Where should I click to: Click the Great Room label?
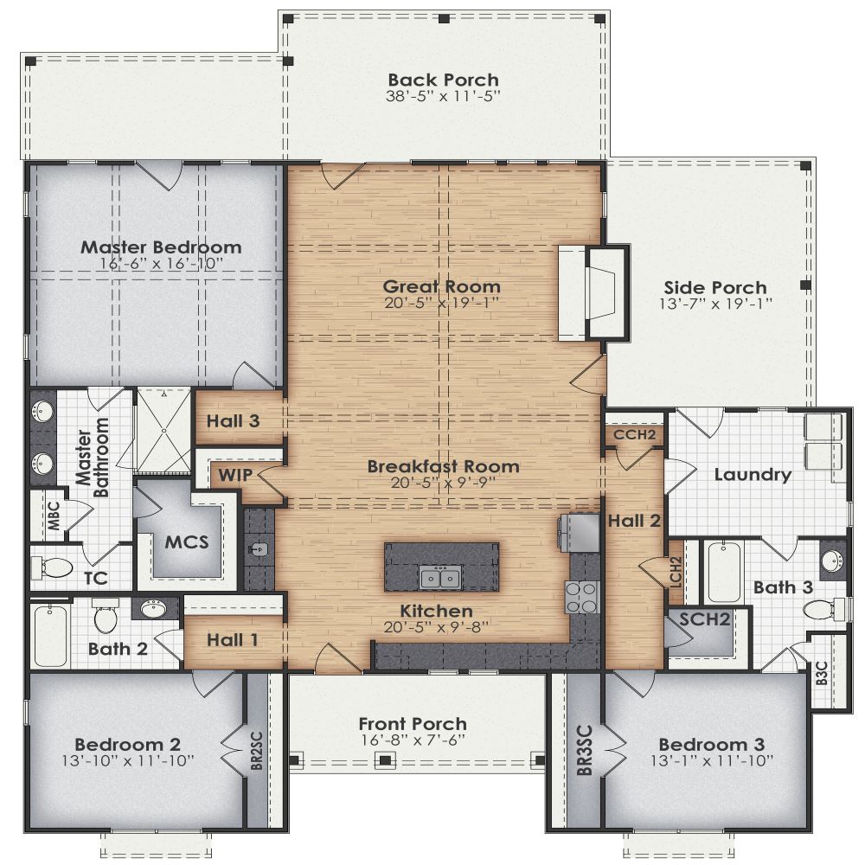point(442,286)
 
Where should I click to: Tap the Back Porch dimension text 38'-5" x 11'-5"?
point(443,96)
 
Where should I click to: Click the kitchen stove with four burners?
point(581,597)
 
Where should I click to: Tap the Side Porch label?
point(714,287)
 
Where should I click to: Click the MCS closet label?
point(186,542)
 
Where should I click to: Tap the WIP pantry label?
point(234,475)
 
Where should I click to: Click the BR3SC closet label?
point(586,750)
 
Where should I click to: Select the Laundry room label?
point(753,474)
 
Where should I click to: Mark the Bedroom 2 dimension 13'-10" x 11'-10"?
point(127,761)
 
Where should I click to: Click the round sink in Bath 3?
point(832,559)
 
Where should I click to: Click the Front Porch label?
point(413,724)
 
